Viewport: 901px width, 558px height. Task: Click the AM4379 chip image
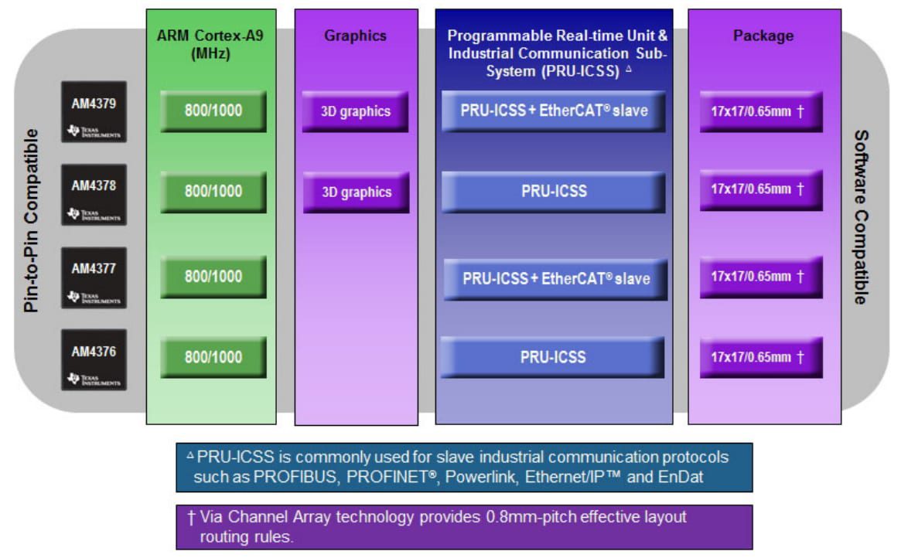(x=94, y=112)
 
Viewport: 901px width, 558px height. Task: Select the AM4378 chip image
(x=94, y=195)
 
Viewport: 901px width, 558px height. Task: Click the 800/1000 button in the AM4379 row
(x=213, y=111)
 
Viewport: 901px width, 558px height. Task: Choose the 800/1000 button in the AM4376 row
(x=213, y=358)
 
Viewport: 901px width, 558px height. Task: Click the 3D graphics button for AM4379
(x=356, y=112)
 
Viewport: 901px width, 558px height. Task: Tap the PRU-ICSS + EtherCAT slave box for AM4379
(x=554, y=111)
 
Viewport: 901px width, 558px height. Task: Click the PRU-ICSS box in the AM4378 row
(x=554, y=192)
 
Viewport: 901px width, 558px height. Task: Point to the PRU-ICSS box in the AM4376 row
(x=553, y=358)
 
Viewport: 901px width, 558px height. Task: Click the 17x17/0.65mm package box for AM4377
(x=761, y=277)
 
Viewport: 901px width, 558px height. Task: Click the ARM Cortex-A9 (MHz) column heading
(x=212, y=44)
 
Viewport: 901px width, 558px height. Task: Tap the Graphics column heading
(x=355, y=36)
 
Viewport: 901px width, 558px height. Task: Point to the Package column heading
(x=763, y=36)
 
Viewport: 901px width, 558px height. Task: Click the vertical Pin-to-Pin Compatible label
(x=32, y=221)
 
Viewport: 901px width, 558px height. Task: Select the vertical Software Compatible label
(x=859, y=217)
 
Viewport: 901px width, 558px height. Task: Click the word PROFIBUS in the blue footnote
(x=295, y=477)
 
